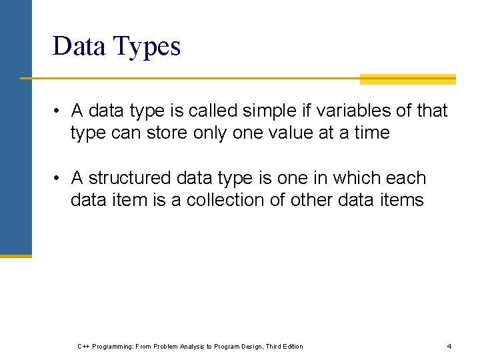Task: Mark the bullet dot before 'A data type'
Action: click(59, 111)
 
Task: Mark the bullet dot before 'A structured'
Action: click(59, 179)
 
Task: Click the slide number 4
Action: click(449, 347)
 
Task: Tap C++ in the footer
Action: click(83, 347)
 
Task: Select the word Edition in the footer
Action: click(291, 347)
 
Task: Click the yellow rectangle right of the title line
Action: click(407, 79)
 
